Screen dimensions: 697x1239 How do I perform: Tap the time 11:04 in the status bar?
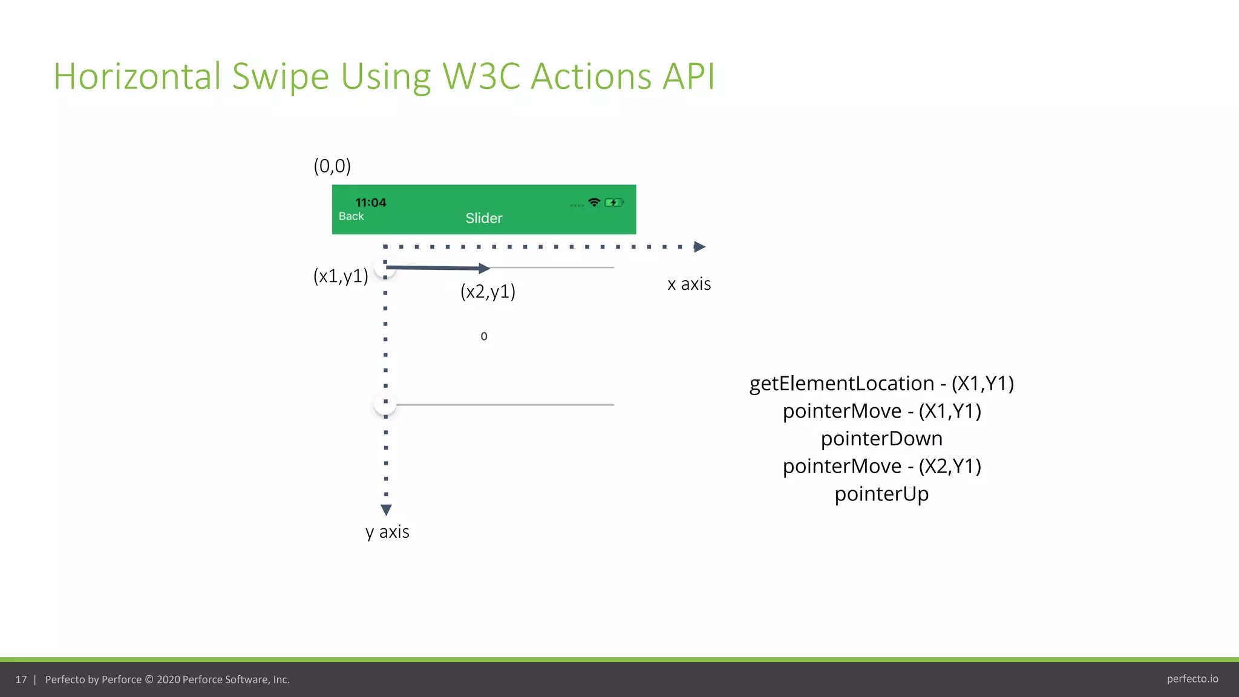click(370, 203)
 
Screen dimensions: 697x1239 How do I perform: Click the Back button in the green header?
click(351, 216)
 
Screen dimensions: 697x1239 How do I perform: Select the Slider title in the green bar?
click(483, 218)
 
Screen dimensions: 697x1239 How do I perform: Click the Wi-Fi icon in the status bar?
click(594, 202)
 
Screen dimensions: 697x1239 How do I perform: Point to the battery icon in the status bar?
click(613, 203)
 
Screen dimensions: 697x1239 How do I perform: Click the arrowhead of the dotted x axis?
click(699, 247)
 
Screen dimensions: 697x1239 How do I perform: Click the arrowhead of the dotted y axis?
click(386, 509)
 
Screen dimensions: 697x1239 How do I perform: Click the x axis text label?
click(688, 284)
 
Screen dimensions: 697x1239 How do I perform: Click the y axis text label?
click(387, 532)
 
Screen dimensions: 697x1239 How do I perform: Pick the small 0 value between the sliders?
click(483, 336)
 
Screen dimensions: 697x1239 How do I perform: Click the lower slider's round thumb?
click(385, 404)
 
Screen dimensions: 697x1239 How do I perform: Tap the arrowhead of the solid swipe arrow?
click(484, 268)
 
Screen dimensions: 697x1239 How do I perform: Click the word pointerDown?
click(881, 439)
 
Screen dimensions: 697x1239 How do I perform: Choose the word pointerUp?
click(881, 494)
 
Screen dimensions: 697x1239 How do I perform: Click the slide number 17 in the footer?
click(21, 679)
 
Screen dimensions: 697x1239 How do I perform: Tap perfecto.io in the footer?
click(1192, 679)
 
